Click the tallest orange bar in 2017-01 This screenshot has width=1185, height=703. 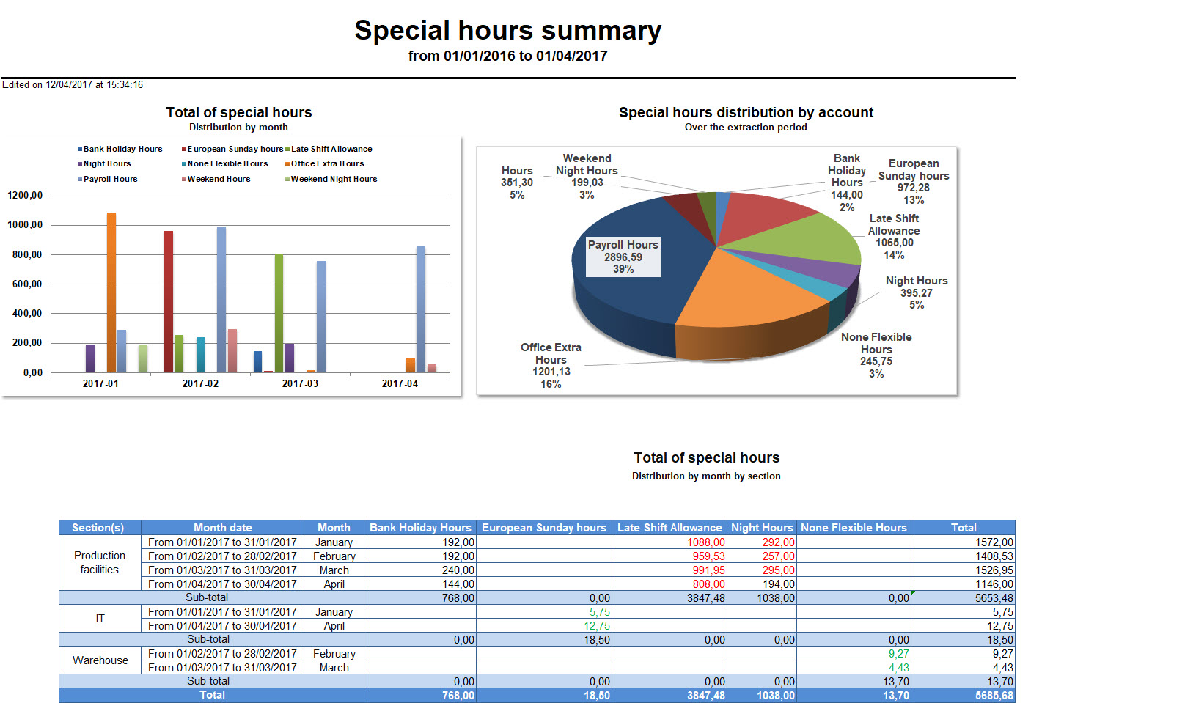point(111,293)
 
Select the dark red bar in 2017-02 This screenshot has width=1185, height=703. point(169,302)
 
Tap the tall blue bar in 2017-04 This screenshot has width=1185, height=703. point(421,309)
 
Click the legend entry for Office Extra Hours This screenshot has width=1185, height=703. point(327,164)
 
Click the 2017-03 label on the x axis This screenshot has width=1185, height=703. point(300,383)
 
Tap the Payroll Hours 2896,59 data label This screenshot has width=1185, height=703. point(623,257)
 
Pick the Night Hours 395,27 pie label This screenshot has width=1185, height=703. point(917,292)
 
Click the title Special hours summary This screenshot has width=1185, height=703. point(507,31)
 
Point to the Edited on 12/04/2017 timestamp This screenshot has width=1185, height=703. point(73,85)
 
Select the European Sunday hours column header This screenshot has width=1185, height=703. point(543,528)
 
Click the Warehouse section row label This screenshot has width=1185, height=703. point(100,660)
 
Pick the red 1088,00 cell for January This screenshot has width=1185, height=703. point(705,542)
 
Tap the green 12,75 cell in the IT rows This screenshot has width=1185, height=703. point(597,626)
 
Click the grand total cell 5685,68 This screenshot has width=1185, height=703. point(994,696)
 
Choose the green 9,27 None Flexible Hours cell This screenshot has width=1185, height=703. point(898,654)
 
